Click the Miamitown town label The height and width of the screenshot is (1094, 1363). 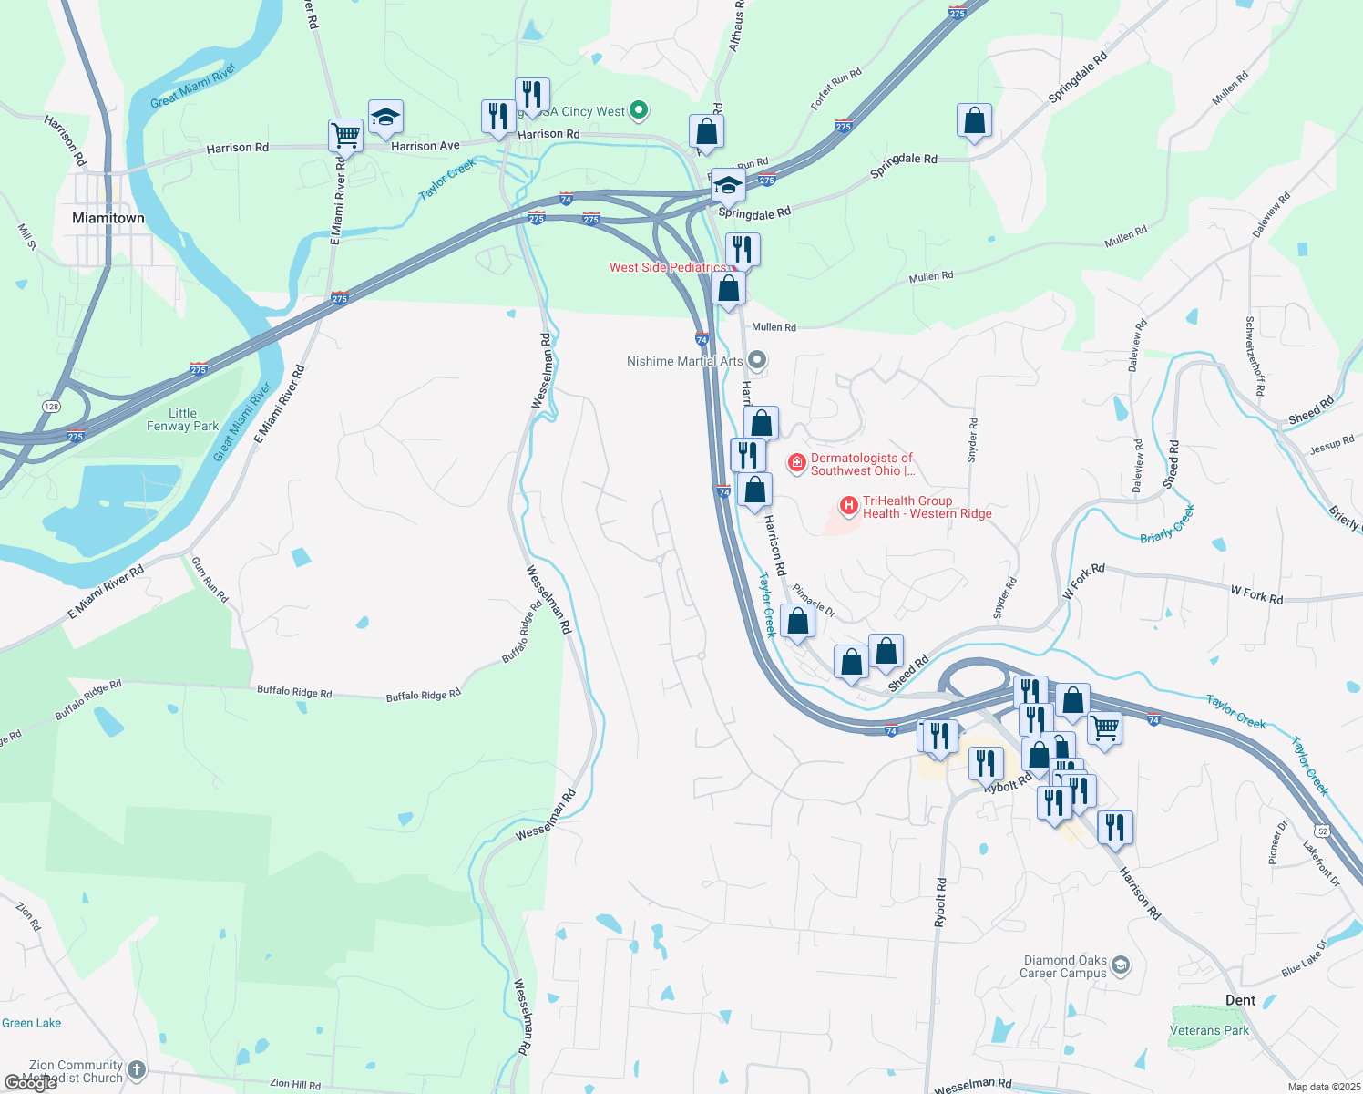coord(108,218)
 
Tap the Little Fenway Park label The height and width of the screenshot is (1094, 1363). coord(182,419)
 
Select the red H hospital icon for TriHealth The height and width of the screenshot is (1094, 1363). coord(848,505)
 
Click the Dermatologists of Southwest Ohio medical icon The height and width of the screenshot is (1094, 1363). coord(796,463)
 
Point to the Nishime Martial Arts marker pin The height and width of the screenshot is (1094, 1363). coord(757,361)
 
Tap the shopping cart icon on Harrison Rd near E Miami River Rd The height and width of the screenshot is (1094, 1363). coord(345,135)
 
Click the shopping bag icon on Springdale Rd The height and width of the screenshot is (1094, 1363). coord(974,120)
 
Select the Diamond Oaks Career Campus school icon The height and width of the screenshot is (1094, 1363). coord(1121,965)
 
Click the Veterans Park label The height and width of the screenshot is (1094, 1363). coord(1209,1030)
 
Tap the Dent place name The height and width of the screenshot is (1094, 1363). coord(1240,1000)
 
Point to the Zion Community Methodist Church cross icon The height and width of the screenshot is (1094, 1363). coord(136,1070)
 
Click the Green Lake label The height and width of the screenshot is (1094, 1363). coord(32,1023)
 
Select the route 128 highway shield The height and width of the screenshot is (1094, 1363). coord(51,407)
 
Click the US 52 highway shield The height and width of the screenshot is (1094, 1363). coord(1323,831)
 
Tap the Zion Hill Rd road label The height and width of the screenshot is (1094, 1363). coord(295,1084)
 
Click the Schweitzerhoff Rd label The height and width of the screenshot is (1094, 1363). coord(1255,356)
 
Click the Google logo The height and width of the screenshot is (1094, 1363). coord(30,1083)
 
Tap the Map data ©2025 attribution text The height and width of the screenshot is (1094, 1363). coord(1324,1087)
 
